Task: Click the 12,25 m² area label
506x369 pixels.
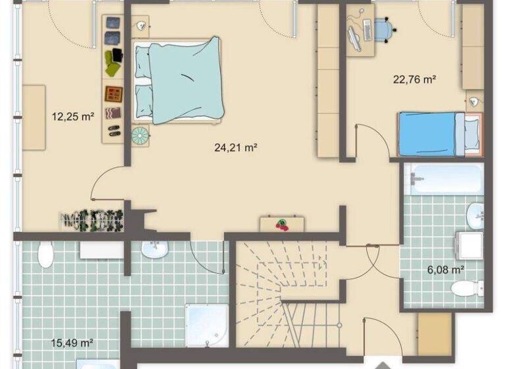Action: tap(72, 117)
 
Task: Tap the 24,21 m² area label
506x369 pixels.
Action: tap(235, 148)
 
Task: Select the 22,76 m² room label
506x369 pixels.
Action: tap(415, 80)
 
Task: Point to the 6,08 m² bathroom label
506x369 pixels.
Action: tap(447, 269)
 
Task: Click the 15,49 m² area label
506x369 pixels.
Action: tap(72, 343)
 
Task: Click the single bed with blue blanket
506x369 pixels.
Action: tap(432, 134)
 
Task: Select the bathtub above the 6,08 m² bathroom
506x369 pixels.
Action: tap(443, 179)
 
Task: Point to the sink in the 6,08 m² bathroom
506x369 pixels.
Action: tap(474, 213)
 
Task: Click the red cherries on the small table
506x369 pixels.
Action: tap(282, 225)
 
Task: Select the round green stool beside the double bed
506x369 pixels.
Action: tap(140, 136)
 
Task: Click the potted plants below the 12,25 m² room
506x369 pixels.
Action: tap(92, 219)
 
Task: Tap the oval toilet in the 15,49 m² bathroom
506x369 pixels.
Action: tap(45, 255)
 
